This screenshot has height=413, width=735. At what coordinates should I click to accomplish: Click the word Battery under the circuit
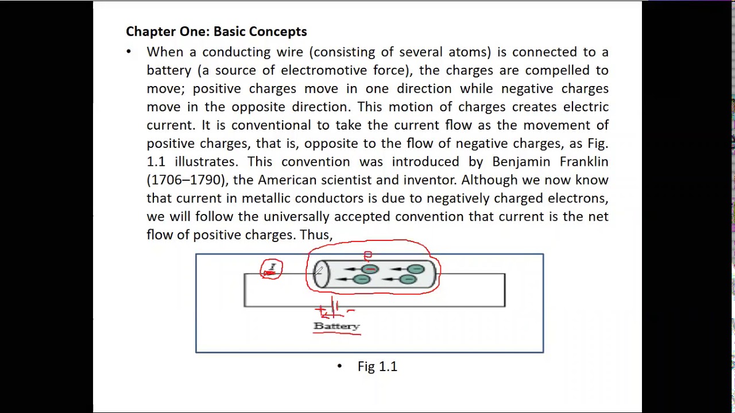click(x=336, y=326)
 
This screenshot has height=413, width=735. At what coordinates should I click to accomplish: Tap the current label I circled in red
click(x=272, y=268)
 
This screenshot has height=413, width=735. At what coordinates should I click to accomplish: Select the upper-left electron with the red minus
click(x=370, y=269)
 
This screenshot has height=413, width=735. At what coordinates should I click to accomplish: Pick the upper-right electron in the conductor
click(x=416, y=269)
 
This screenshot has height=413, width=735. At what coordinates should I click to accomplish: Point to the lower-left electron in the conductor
click(x=361, y=279)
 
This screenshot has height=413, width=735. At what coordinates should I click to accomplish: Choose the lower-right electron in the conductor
click(x=408, y=279)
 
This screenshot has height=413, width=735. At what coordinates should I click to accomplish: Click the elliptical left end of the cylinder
click(x=322, y=274)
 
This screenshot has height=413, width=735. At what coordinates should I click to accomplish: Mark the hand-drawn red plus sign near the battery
click(x=322, y=310)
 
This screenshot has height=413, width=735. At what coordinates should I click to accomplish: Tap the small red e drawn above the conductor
click(x=367, y=255)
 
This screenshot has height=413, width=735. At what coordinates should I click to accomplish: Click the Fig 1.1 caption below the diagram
click(x=377, y=367)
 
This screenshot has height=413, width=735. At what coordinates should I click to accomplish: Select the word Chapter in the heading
click(x=148, y=32)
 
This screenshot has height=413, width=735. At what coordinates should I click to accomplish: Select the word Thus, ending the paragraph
click(x=316, y=235)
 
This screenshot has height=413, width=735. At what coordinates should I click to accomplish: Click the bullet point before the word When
click(x=129, y=52)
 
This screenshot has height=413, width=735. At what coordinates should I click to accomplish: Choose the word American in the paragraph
click(x=287, y=180)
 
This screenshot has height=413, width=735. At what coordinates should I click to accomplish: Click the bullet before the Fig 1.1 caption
click(x=339, y=366)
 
